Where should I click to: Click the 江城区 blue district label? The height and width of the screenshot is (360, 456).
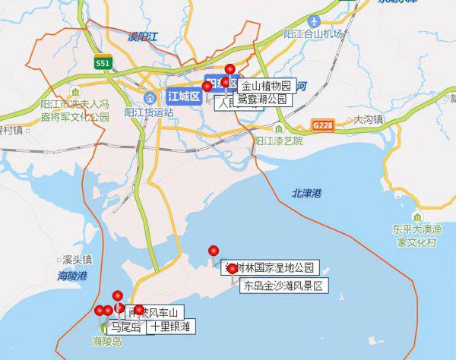click(182, 96)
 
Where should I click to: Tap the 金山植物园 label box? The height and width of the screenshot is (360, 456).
click(266, 86)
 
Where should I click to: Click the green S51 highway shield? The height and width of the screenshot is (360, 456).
click(102, 64)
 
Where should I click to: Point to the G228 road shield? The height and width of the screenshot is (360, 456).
click(322, 122)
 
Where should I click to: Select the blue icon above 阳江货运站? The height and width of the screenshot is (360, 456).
click(149, 99)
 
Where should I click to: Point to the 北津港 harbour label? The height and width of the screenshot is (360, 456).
click(306, 194)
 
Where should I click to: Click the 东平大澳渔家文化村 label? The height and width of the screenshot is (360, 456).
click(416, 235)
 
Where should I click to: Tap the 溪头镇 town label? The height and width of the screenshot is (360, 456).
click(77, 258)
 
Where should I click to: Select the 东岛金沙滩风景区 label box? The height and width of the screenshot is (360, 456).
click(283, 286)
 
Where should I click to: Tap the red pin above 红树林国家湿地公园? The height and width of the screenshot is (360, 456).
click(214, 251)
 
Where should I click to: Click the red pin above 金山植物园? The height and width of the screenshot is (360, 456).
click(230, 69)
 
